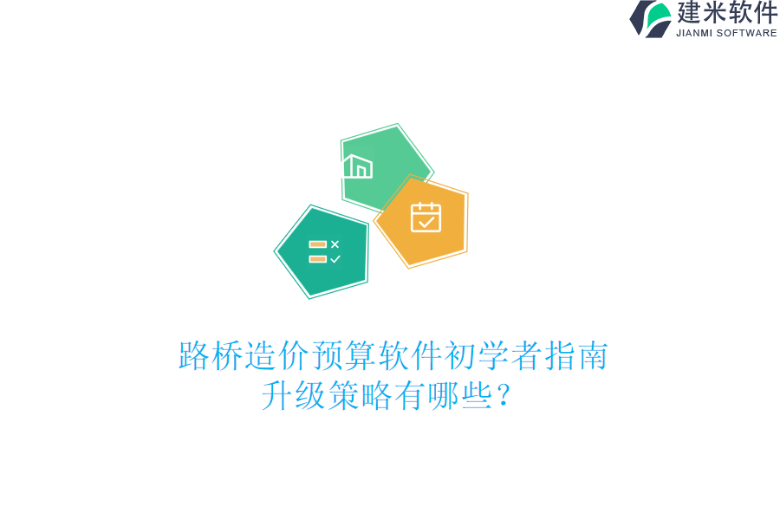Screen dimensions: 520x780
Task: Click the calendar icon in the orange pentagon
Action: click(x=426, y=218)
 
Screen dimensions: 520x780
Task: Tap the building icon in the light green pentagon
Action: click(x=358, y=166)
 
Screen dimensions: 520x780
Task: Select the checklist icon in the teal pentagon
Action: click(x=324, y=251)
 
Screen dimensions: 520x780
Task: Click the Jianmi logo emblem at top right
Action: click(x=651, y=18)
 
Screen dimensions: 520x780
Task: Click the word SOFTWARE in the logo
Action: click(x=746, y=33)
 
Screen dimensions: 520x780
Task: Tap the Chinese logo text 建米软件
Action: click(x=727, y=13)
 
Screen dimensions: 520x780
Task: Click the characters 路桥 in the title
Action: click(x=211, y=356)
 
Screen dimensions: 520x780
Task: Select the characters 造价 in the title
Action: click(x=277, y=356)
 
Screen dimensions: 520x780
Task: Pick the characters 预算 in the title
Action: click(x=344, y=356)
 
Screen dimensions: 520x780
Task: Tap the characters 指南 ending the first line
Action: click(x=576, y=356)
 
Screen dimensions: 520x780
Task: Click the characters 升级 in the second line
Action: click(x=294, y=396)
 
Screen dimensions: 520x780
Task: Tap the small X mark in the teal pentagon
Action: click(x=335, y=244)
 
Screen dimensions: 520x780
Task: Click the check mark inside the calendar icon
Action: click(x=426, y=222)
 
